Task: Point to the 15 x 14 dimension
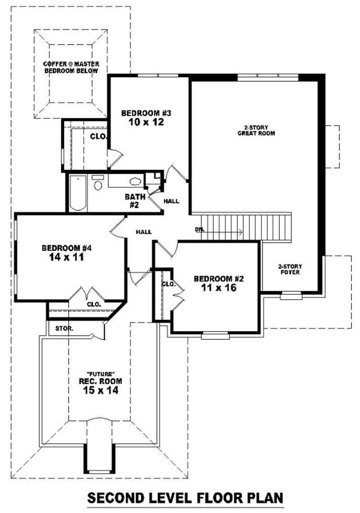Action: click(x=100, y=391)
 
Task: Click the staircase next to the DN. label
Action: click(x=265, y=227)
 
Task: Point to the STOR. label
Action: click(x=64, y=328)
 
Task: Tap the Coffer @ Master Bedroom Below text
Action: click(x=71, y=67)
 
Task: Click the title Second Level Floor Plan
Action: click(x=185, y=498)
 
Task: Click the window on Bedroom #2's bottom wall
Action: click(x=215, y=336)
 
